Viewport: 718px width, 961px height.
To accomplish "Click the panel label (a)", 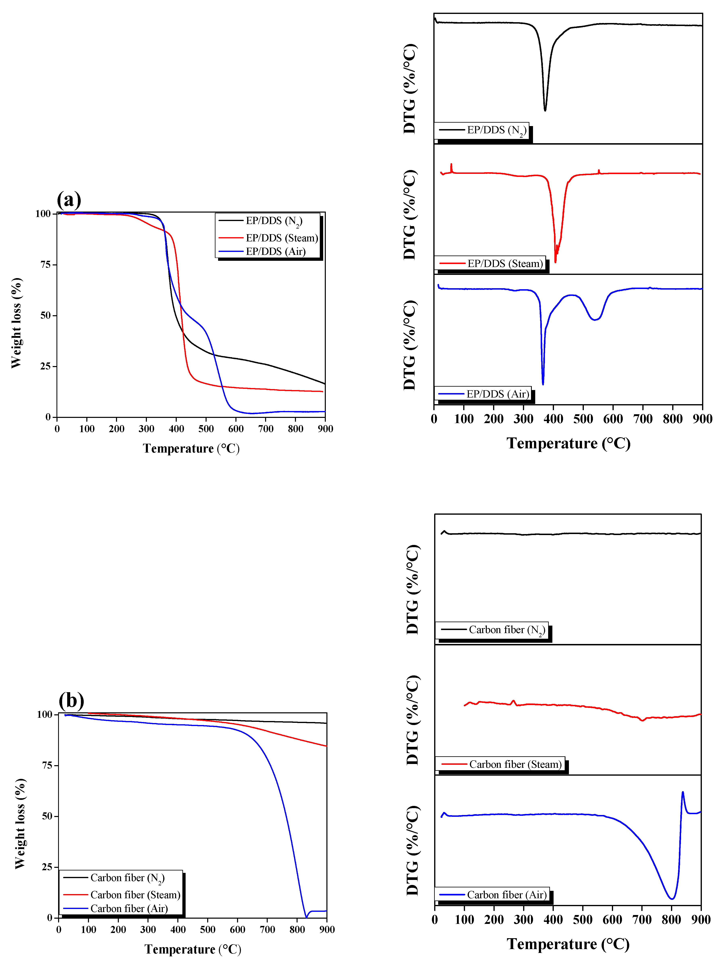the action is [69, 200].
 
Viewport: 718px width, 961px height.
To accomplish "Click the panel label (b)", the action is [71, 700].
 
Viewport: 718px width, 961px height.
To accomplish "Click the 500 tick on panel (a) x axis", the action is [206, 429].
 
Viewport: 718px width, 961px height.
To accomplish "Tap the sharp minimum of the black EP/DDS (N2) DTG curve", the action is [545, 110].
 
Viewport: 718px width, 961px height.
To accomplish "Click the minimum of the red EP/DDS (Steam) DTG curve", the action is [555, 262].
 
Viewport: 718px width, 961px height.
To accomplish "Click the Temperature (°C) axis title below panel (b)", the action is [192, 949].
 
